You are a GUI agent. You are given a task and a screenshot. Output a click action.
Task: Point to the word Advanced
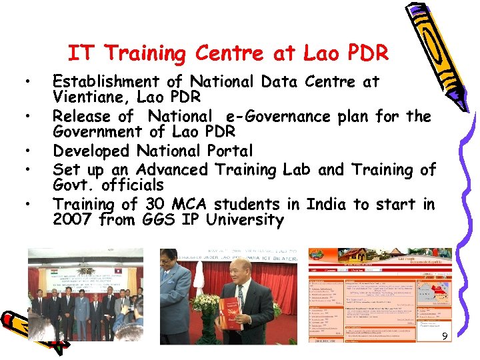(x=167, y=169)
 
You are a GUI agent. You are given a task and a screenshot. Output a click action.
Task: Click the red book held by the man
(x=229, y=313)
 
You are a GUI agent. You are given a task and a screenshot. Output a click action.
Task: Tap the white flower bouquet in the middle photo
(x=204, y=304)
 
